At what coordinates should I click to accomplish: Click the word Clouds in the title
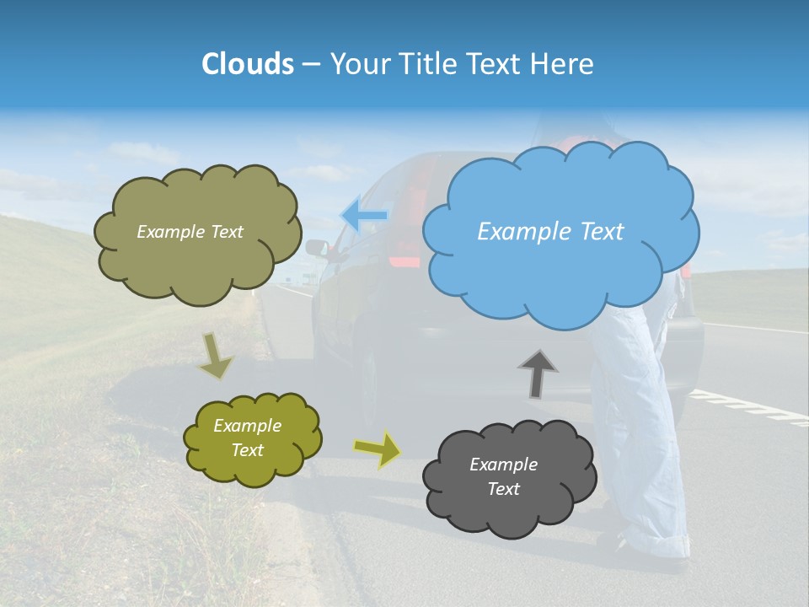(x=246, y=64)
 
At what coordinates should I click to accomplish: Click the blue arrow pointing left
(x=364, y=215)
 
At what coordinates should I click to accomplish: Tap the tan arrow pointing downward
(x=216, y=354)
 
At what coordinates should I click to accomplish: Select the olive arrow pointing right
(x=378, y=449)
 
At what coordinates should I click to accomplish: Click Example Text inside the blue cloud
(x=550, y=232)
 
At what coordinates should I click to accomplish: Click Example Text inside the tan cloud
(x=190, y=232)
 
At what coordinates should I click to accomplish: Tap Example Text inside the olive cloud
(x=247, y=438)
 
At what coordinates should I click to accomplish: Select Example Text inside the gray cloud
(x=503, y=476)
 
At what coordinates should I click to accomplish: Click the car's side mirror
(x=317, y=248)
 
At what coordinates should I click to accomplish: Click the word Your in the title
(x=360, y=64)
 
